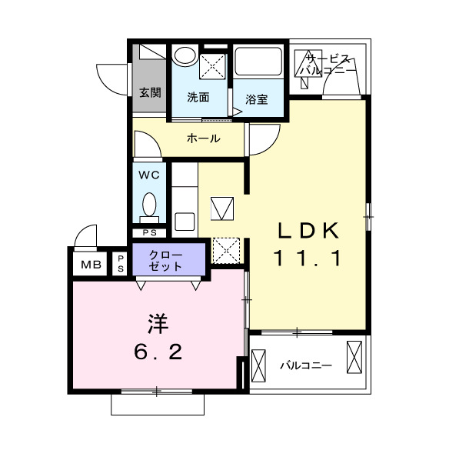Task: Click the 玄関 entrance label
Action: pyautogui.click(x=150, y=93)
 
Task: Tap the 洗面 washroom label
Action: pyautogui.click(x=198, y=97)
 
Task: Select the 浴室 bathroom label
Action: pyautogui.click(x=257, y=98)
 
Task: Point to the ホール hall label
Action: pyautogui.click(x=204, y=138)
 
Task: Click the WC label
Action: pyautogui.click(x=149, y=175)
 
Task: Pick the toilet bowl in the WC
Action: pyautogui.click(x=149, y=205)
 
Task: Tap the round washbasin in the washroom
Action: pyautogui.click(x=184, y=56)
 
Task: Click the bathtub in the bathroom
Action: pyautogui.click(x=259, y=61)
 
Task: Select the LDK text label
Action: pyautogui.click(x=308, y=230)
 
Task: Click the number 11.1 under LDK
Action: pyautogui.click(x=308, y=259)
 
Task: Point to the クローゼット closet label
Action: pyautogui.click(x=166, y=261)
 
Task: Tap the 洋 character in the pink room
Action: pyautogui.click(x=157, y=321)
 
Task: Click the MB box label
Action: pyautogui.click(x=91, y=265)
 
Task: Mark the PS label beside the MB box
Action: pyautogui.click(x=121, y=264)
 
